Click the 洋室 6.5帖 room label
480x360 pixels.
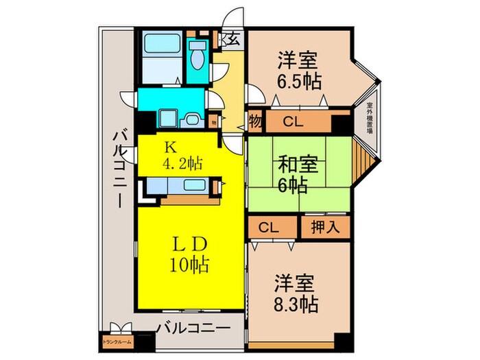click(x=299, y=71)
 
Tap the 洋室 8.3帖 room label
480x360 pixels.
click(x=297, y=292)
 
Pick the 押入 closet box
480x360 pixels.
click(x=325, y=226)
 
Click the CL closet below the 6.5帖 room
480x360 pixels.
click(x=294, y=123)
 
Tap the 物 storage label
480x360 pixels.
click(x=255, y=123)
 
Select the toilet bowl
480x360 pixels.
click(x=198, y=59)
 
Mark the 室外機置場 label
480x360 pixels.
click(x=369, y=122)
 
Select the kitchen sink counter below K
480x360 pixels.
click(x=182, y=185)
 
